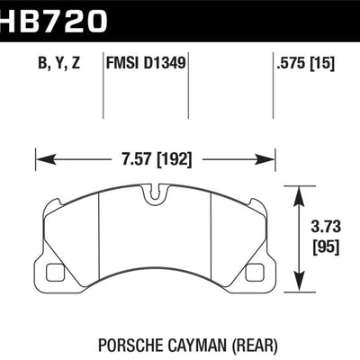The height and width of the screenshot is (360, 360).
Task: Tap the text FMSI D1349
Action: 148,64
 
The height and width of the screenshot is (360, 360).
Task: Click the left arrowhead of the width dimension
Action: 38,161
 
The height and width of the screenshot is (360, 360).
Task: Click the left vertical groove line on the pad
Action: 96,238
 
